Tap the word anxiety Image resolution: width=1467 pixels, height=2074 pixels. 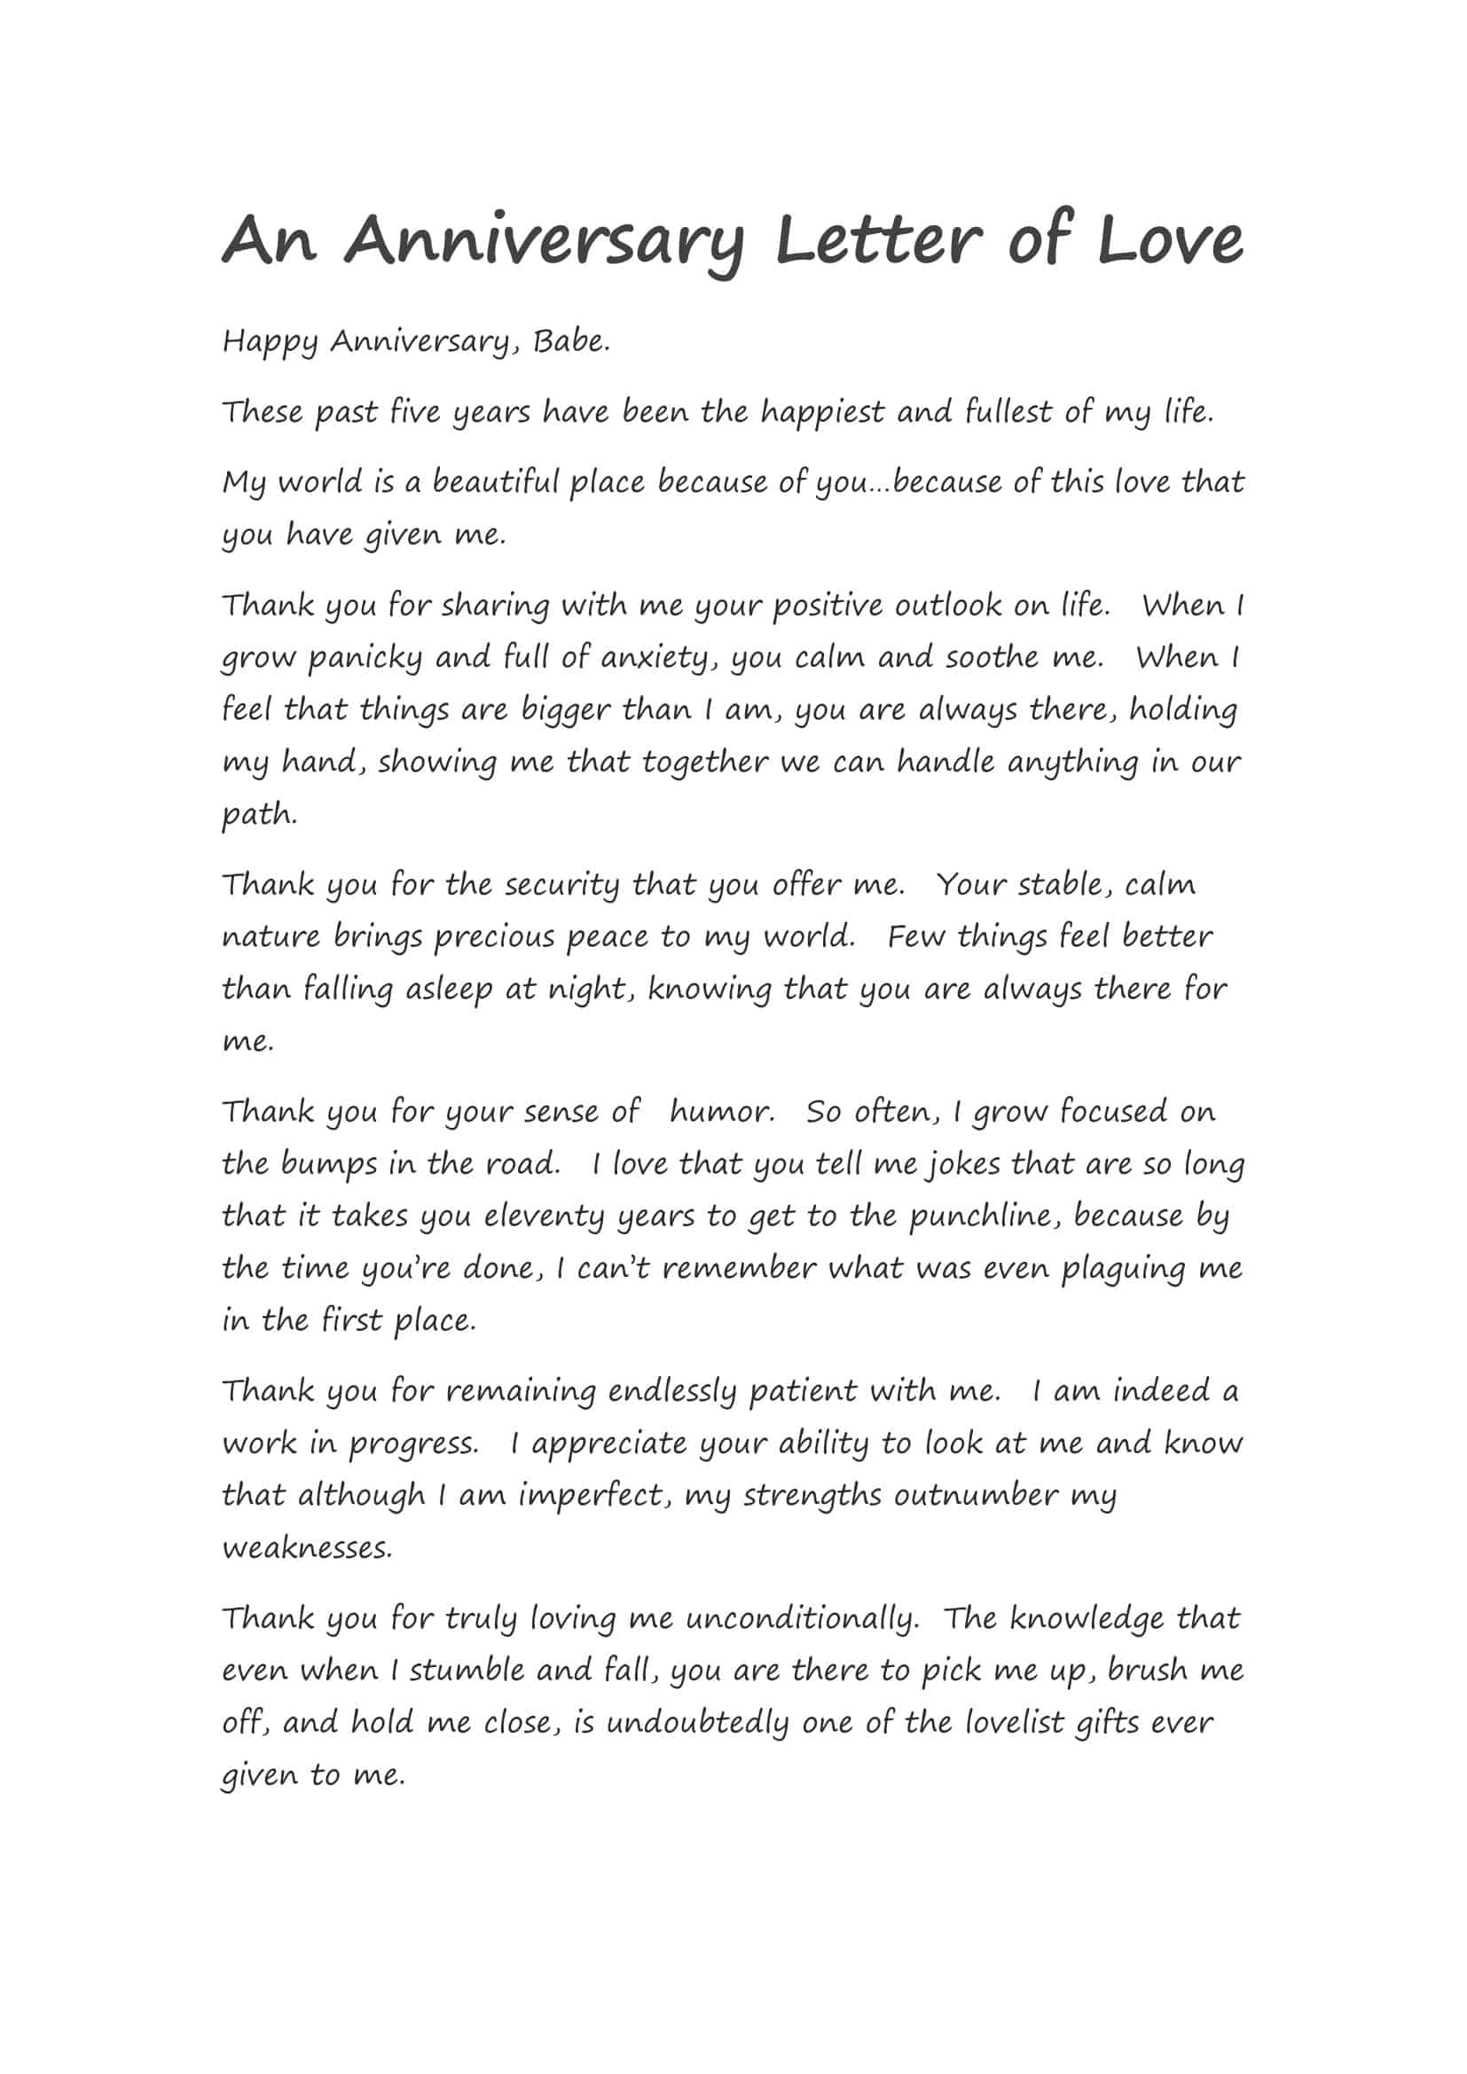pyautogui.click(x=655, y=659)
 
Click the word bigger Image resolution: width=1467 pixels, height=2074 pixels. pyautogui.click(x=566, y=711)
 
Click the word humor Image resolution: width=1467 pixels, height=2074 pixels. pyautogui.click(x=721, y=1111)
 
